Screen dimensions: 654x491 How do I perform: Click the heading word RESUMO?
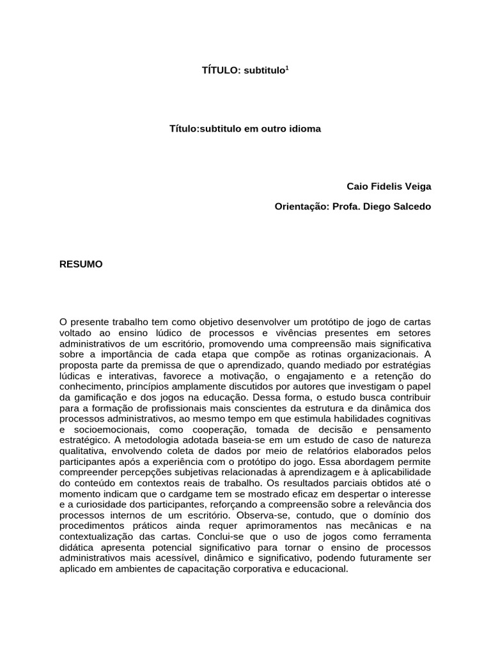[81, 264]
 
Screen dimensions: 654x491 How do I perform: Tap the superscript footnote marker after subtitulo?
[287, 66]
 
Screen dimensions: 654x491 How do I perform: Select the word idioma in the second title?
[306, 128]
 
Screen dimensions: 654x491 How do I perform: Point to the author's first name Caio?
[357, 186]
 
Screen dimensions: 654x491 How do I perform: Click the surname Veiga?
[417, 186]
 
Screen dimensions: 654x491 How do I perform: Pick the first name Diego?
[373, 206]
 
